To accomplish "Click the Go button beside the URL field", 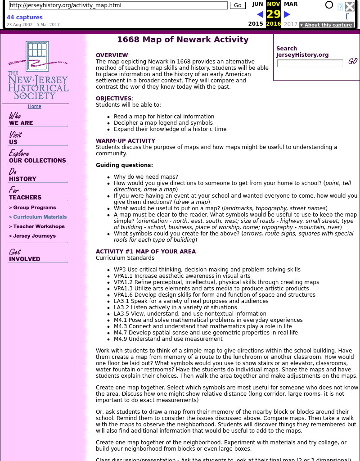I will [x=238, y=5].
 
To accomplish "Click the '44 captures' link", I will [x=24, y=18].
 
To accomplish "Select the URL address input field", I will [x=118, y=5].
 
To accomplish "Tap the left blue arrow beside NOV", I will [x=260, y=15].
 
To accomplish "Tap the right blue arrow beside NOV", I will [x=287, y=15].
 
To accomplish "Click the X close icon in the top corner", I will [x=350, y=6].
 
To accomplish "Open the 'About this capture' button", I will [x=326, y=25].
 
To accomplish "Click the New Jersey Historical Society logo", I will [x=38, y=71].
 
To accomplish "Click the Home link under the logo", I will [x=34, y=107].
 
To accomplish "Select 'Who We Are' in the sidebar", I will [x=21, y=120].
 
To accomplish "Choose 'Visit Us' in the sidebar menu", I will [x=15, y=138].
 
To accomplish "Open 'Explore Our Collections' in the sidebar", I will [x=37, y=157].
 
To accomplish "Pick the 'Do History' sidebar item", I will [x=22, y=175].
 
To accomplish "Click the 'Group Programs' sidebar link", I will [x=32, y=208].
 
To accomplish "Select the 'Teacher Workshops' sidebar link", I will [x=37, y=226].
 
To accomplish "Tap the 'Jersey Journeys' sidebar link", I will [x=32, y=236].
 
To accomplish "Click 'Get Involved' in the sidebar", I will [x=24, y=255].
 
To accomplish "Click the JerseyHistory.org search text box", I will [x=310, y=63].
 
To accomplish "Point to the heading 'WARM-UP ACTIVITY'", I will [x=126, y=141].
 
